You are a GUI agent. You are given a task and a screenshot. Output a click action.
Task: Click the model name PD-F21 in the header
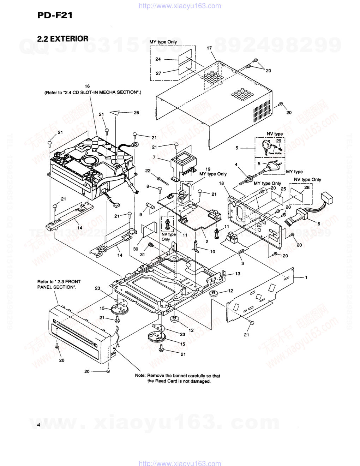pos(55,15)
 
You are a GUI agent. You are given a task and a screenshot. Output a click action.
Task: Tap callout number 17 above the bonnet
pos(209,48)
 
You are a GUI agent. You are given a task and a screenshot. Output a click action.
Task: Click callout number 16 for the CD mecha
pos(87,86)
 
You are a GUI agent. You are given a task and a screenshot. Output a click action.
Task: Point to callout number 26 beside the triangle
pos(136,113)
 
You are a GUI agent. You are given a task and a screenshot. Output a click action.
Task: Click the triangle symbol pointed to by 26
pos(116,113)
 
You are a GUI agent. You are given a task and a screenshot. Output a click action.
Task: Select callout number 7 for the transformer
pos(154,156)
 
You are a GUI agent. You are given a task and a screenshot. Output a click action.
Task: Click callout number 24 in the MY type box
pos(158,59)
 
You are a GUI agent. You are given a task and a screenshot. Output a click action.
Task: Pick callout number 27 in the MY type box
pos(158,73)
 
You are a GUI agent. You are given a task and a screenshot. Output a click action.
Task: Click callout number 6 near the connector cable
pos(319,223)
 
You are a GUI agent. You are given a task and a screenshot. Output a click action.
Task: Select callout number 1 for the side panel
pos(306,277)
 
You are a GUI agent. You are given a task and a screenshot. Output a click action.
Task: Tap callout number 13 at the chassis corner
pos(238,274)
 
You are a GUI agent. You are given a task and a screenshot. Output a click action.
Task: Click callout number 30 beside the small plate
pos(136,249)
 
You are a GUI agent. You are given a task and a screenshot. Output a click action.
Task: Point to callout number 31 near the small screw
pos(142,255)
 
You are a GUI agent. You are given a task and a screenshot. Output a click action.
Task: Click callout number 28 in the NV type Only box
pos(307,187)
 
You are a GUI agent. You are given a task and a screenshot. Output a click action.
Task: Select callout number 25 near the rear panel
pos(283,189)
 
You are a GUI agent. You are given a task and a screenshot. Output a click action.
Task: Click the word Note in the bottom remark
pos(140,376)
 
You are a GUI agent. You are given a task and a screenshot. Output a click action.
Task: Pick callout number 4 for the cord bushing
pos(236,164)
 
